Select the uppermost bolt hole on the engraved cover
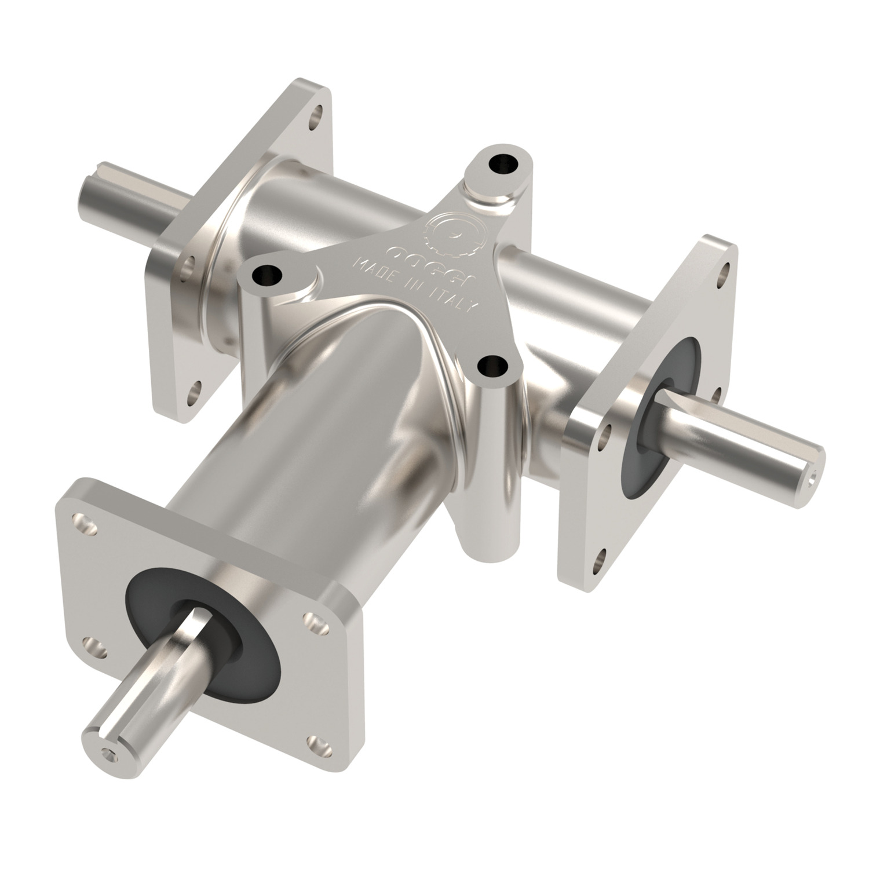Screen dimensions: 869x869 coord(501,163)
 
